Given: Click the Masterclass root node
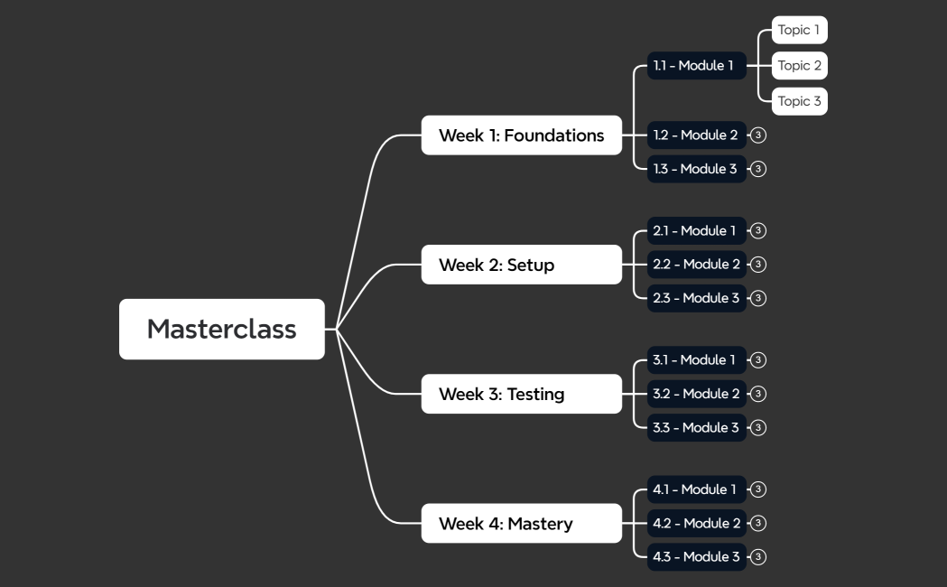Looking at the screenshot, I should pos(221,329).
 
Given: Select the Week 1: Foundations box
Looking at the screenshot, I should pos(521,135).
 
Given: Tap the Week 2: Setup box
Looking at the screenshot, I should pos(521,265).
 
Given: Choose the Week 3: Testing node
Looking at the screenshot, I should pos(521,394).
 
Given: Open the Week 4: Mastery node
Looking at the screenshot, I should pos(521,524).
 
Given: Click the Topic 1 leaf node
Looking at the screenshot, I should pos(799,30).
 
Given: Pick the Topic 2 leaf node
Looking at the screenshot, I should pos(799,65).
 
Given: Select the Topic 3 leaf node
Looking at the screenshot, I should pos(799,100).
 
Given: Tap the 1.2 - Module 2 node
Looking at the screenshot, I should pos(696,135).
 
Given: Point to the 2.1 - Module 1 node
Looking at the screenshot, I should pos(696,230).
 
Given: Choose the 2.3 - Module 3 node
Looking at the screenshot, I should pos(696,298).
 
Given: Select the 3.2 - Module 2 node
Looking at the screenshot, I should pos(696,394).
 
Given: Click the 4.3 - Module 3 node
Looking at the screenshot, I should pos(696,557).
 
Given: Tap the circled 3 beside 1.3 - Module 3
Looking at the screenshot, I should pos(758,169).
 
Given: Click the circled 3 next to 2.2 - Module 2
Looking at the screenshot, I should pos(758,265).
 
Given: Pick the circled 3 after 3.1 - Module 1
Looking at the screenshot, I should pos(758,359).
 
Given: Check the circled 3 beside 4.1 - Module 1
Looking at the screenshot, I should pos(758,489).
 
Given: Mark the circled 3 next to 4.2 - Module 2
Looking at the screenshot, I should pos(758,524).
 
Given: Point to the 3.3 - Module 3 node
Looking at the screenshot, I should pos(696,427).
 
